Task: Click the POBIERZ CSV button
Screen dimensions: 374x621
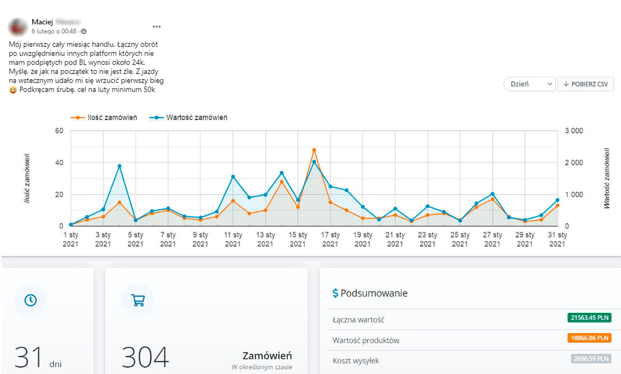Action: pos(585,84)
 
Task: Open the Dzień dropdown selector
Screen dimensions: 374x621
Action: pos(529,84)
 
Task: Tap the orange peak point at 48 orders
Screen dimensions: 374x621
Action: pos(314,150)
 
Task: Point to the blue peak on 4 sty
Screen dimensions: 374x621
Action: pos(119,166)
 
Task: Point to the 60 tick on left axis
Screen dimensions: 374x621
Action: pos(59,131)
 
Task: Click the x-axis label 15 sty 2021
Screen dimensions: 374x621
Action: pos(298,239)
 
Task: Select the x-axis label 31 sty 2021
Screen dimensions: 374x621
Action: pos(558,239)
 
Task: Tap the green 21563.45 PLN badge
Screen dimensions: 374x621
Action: pos(589,319)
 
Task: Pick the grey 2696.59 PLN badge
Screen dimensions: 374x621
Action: pos(589,359)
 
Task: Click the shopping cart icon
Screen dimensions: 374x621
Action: pos(138,300)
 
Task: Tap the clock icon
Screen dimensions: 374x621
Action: pos(31,300)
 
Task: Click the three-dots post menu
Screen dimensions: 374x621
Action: pos(157,26)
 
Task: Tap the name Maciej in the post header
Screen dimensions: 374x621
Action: pos(42,22)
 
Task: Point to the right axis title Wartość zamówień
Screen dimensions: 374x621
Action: pos(607,178)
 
